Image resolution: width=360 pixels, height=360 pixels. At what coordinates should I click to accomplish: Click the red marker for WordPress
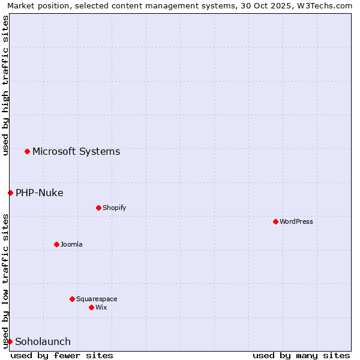[x=275, y=221]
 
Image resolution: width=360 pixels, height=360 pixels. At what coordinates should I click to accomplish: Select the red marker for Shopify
[x=98, y=208]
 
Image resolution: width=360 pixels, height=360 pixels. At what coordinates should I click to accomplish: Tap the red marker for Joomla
[x=56, y=244]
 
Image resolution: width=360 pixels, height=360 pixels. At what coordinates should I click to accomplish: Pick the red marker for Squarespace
[x=72, y=299]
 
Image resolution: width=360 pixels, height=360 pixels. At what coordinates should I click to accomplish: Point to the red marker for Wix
[x=91, y=307]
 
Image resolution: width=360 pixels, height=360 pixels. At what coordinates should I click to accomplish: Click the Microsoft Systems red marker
[x=27, y=151]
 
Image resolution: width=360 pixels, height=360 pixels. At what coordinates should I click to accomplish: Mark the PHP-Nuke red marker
[x=10, y=193]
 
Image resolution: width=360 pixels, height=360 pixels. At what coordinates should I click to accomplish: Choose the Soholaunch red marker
[x=10, y=341]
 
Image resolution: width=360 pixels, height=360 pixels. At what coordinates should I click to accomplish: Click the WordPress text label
[x=296, y=221]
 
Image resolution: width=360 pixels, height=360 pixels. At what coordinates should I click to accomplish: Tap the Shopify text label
[x=115, y=208]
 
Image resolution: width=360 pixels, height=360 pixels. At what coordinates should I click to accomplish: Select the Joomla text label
[x=71, y=244]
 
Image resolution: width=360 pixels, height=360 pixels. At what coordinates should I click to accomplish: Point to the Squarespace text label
[x=97, y=299]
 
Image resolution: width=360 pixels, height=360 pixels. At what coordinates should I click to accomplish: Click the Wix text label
[x=101, y=307]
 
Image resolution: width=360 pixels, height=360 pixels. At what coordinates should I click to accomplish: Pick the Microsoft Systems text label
[x=76, y=151]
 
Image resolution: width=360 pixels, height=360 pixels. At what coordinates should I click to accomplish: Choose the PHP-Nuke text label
[x=40, y=193]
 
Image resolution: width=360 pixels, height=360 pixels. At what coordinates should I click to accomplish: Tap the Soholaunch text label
[x=43, y=341]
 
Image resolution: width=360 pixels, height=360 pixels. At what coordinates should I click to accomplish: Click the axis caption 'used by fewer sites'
[x=62, y=355]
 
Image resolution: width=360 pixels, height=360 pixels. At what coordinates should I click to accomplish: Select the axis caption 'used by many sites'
[x=301, y=355]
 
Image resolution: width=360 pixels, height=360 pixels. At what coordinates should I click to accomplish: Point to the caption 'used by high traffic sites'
[x=5, y=85]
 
